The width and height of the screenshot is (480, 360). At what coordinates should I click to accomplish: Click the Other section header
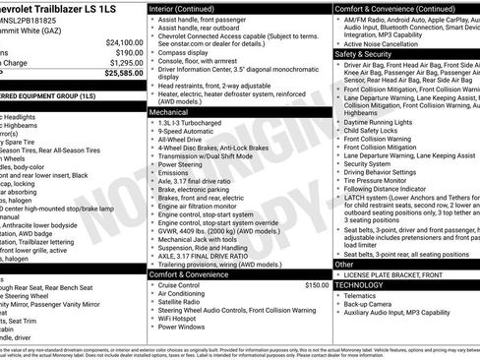[x=344, y=264]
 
